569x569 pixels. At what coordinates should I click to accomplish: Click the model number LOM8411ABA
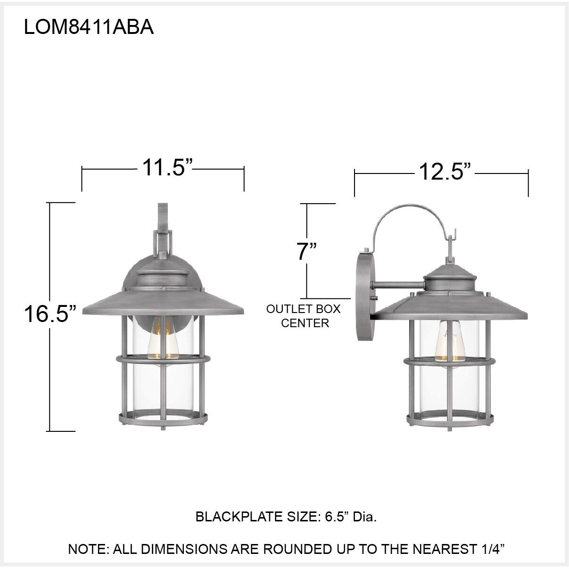pos(89,28)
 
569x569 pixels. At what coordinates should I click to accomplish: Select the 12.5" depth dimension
pos(445,172)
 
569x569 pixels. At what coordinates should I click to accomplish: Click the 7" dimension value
pos(306,251)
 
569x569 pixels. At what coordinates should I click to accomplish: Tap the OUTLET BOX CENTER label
pos(304,316)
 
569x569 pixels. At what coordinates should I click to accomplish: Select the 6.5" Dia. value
pos(351,517)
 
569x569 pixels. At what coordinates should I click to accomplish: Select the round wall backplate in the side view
pos(364,297)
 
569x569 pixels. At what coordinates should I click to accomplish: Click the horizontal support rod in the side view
pos(398,285)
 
